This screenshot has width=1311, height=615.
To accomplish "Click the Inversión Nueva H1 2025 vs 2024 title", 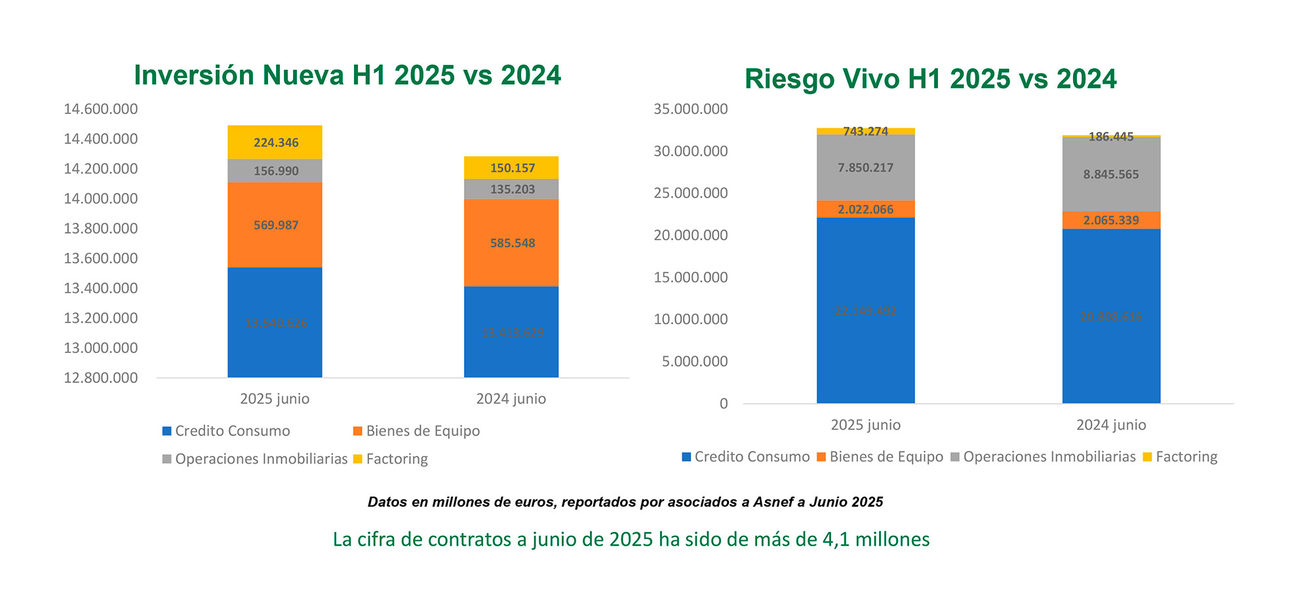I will (x=347, y=75).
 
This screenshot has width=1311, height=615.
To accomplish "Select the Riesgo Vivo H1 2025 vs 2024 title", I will (x=930, y=79).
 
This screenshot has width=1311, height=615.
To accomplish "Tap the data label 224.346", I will (x=276, y=143).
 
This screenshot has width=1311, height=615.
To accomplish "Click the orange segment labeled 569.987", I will (x=275, y=225).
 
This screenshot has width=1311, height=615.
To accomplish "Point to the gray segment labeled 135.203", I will (x=512, y=189).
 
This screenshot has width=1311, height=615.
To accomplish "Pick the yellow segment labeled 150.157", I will (x=512, y=168).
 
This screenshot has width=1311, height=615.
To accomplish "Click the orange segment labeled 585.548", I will (x=512, y=243).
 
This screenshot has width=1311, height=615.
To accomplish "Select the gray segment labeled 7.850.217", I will (x=865, y=168).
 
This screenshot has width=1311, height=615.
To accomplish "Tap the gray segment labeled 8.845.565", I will (x=1111, y=175).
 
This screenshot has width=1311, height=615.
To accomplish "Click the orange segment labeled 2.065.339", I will (x=1111, y=220).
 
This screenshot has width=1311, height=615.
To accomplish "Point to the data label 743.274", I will (x=865, y=132).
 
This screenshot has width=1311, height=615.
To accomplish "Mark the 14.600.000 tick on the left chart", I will (x=100, y=109).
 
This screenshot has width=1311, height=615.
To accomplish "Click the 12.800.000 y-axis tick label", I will (x=100, y=378).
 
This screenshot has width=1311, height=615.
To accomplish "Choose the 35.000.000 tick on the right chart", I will (x=690, y=109).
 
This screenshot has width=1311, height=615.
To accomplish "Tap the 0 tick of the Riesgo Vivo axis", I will (x=723, y=403).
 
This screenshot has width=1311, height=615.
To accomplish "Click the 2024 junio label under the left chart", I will (x=511, y=399).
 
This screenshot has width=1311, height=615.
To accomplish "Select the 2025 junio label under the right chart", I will (x=865, y=425).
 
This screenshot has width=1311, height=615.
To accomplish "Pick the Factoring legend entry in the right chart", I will (x=1180, y=457).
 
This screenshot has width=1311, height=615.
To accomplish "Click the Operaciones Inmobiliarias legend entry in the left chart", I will (x=255, y=459).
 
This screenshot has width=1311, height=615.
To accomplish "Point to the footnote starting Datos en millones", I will (x=625, y=502).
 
